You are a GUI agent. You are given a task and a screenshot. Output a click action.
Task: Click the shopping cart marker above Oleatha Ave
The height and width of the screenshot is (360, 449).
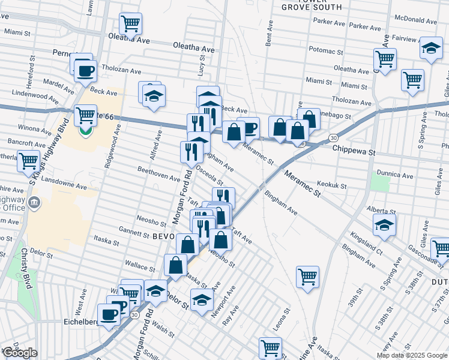[130, 24]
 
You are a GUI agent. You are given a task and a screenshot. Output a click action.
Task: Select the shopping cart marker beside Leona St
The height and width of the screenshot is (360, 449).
[307, 277]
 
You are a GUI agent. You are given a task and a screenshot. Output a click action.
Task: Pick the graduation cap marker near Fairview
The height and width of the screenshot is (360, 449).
[430, 49]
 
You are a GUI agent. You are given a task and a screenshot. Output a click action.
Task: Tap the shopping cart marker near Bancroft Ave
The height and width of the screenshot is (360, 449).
[29, 161]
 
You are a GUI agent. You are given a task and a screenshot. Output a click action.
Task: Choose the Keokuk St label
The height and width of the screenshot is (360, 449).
[332, 186]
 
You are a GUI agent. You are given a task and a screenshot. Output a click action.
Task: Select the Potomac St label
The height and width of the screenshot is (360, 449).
[325, 49]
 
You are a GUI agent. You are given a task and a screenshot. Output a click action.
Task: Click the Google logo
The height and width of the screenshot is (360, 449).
[19, 353]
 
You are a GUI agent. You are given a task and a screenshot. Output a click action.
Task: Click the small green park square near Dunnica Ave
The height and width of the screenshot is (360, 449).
[379, 182]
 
